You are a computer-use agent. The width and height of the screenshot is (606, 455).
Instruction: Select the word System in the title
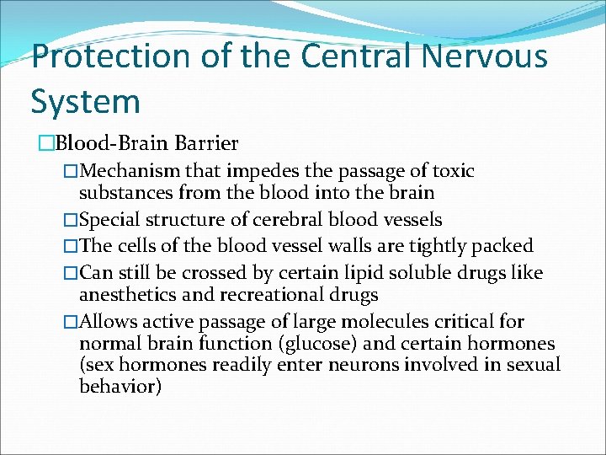85,101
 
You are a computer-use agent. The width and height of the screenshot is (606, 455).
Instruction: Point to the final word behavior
120,387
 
